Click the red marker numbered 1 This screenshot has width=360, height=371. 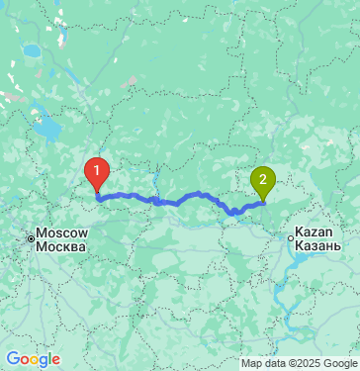pos(96,174)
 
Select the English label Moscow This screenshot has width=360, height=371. pos(62,233)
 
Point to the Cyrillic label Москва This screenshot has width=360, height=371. pos(62,245)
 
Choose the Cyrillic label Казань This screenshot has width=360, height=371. pos(319,245)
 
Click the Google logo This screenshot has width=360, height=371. pos(33,359)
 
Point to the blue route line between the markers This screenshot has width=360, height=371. pos(178,201)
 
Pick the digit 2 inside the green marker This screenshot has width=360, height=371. pos(262,178)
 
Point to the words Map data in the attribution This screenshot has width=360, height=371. pos(261,363)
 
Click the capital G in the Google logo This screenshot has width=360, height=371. pos(13,358)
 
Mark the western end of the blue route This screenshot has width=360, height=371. pos(97,197)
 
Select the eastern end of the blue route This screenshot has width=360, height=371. pos(262,202)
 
